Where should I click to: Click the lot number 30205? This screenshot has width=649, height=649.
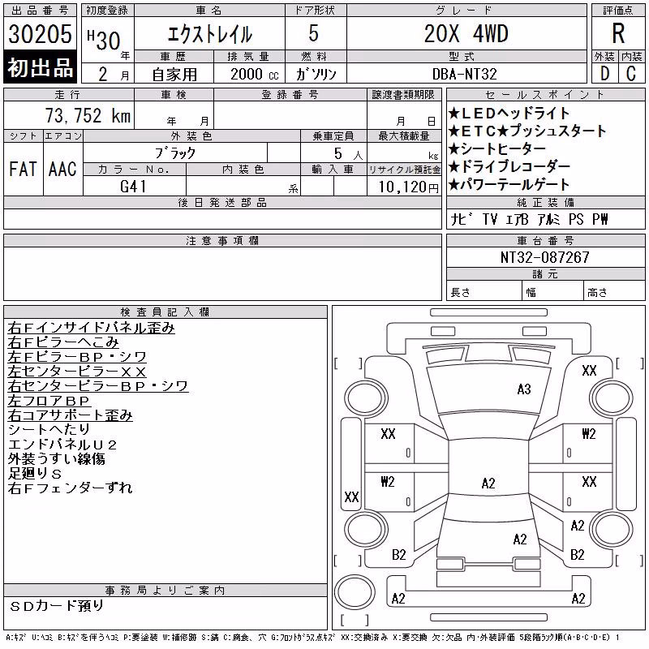click(40, 34)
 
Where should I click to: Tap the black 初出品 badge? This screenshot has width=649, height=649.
click(40, 67)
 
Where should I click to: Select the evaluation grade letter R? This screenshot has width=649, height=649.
click(618, 33)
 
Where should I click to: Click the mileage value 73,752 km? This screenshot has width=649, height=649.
click(88, 115)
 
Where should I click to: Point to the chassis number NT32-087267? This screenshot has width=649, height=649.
click(544, 257)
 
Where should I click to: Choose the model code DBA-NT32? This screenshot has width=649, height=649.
click(464, 74)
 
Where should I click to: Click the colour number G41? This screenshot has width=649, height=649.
click(133, 187)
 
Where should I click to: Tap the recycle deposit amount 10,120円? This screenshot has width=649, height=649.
click(408, 187)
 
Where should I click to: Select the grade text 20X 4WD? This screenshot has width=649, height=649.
click(466, 33)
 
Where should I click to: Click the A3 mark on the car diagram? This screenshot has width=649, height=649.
click(524, 389)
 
